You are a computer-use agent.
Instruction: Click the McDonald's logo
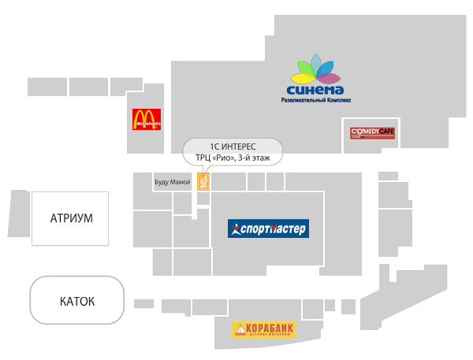click(147, 119)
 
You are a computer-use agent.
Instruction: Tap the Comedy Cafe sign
click(372, 132)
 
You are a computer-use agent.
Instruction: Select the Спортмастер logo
click(268, 229)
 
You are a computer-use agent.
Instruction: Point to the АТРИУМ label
click(71, 218)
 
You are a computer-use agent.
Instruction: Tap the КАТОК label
click(77, 301)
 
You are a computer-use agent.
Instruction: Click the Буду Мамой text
click(172, 183)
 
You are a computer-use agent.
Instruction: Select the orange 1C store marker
click(203, 182)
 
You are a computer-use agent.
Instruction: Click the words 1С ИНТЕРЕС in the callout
click(232, 146)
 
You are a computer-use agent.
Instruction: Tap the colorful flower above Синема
click(315, 69)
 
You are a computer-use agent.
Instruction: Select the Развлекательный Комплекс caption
click(315, 101)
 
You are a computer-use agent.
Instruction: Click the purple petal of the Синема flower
click(330, 76)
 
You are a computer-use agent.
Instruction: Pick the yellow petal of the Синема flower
click(300, 77)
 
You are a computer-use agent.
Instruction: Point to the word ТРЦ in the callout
click(203, 158)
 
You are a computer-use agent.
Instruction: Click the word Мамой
click(181, 183)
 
